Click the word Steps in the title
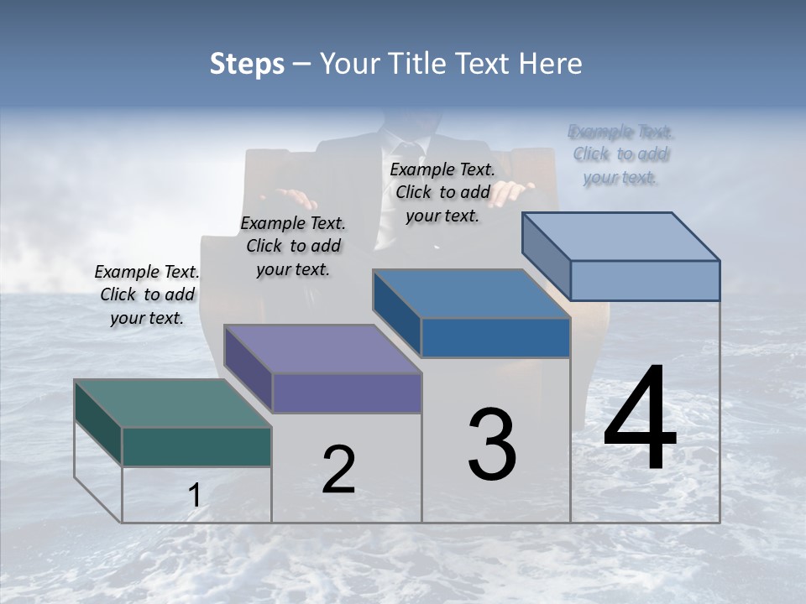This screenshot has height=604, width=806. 247,64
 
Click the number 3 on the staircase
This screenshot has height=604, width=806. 492,445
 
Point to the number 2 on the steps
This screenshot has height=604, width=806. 338,470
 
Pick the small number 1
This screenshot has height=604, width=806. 194,496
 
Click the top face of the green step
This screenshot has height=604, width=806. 172,404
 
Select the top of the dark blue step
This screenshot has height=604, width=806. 471,294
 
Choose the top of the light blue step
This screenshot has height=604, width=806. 620,236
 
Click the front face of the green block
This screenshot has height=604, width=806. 196,446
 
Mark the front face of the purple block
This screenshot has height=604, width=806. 346,393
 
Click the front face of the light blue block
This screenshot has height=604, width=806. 645,280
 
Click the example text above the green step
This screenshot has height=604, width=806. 147,295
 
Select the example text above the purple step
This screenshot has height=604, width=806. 293,246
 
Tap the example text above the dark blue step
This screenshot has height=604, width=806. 442,192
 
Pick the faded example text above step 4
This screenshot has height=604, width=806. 621,154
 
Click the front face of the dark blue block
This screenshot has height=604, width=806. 495,337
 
